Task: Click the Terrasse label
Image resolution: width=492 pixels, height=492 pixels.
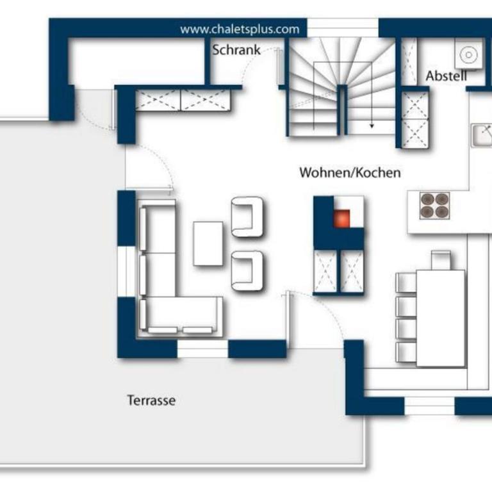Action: click(x=151, y=400)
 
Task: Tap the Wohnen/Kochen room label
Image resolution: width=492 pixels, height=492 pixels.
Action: click(x=350, y=172)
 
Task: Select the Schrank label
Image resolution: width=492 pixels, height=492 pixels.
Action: click(x=236, y=50)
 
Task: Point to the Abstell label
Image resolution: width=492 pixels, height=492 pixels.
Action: click(x=446, y=76)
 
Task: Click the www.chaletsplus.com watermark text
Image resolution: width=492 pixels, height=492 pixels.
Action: click(x=240, y=29)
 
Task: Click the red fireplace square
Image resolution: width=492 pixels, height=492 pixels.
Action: click(x=341, y=218)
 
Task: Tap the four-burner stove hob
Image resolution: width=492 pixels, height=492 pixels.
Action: click(x=434, y=206)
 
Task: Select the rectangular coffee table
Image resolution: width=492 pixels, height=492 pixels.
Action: click(x=208, y=243)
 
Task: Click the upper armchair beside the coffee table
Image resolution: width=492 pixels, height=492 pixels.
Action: click(x=247, y=217)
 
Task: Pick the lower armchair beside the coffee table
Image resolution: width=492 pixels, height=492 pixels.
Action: click(x=247, y=271)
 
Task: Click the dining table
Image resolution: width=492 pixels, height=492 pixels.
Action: click(x=441, y=318)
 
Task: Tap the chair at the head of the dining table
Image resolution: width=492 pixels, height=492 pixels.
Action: click(x=441, y=260)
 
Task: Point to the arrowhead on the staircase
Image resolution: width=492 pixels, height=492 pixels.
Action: click(x=372, y=126)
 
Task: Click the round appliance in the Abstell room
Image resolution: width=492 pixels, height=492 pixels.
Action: click(x=468, y=55)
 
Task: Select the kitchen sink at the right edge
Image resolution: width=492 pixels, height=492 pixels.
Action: click(x=482, y=136)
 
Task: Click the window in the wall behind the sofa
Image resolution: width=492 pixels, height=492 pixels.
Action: click(x=126, y=272)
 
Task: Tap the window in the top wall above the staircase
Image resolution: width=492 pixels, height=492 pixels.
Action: click(x=343, y=28)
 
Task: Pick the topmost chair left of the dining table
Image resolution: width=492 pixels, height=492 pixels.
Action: click(x=406, y=283)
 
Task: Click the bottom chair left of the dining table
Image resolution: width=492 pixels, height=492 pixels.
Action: click(x=406, y=352)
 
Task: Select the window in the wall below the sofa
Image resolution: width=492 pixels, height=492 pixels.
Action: click(x=202, y=348)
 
